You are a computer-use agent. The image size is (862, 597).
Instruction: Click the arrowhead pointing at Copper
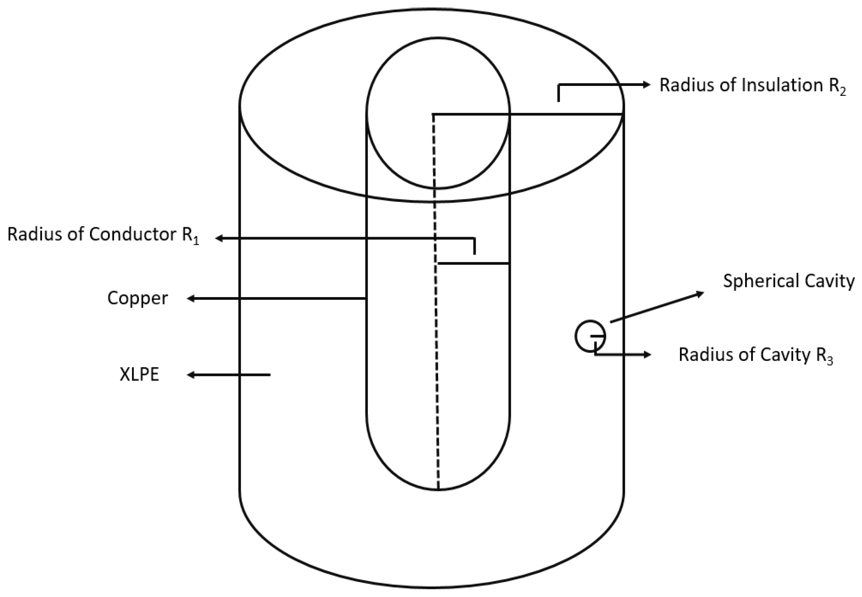coord(191,298)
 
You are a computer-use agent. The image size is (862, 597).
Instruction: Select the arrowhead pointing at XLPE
coord(191,375)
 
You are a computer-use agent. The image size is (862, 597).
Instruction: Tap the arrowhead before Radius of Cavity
coord(648,354)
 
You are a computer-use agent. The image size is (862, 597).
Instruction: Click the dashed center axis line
coord(436,337)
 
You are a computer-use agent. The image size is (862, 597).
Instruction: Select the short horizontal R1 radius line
coord(473,264)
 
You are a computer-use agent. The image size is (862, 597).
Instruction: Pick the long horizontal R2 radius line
coord(561,114)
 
